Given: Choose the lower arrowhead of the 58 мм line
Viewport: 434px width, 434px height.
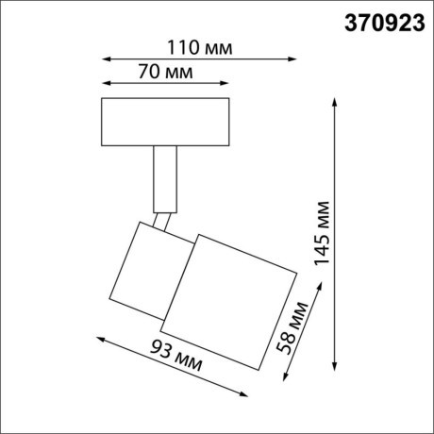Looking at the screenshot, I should click(x=286, y=380).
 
